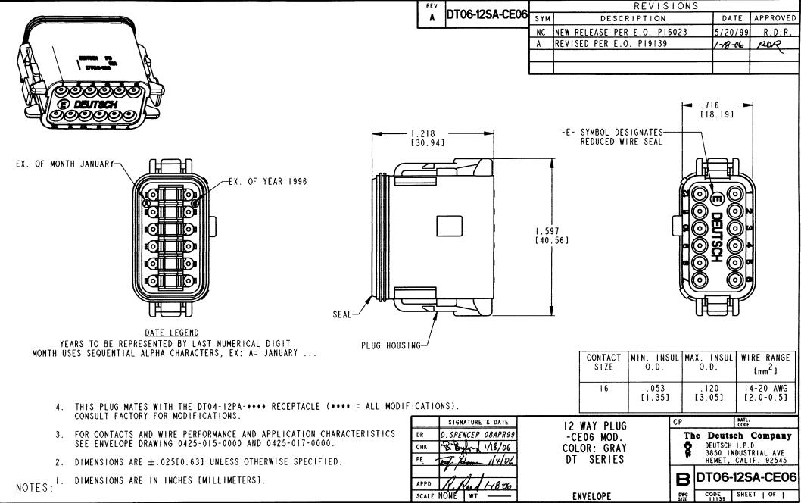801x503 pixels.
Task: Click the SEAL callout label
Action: coord(341,315)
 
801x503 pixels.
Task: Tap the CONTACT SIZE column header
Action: coord(603,362)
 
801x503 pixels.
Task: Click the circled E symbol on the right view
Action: coord(715,198)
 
